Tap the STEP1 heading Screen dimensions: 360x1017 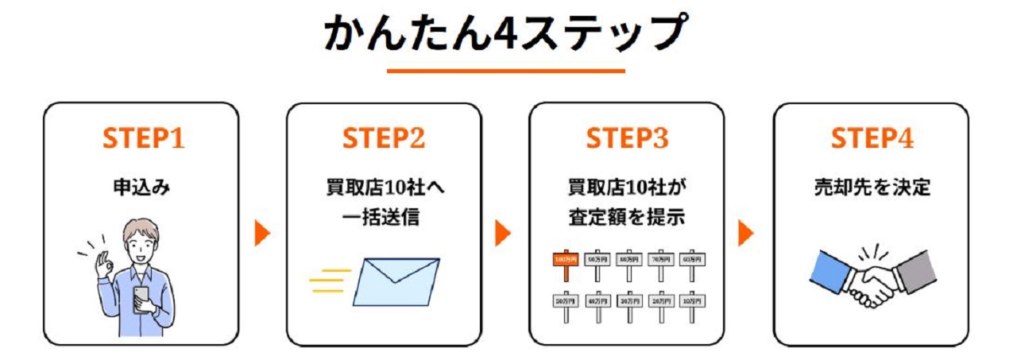[143, 139]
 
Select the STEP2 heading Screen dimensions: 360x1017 [384, 139]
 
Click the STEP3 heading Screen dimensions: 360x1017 [627, 139]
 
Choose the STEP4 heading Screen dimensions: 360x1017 [872, 139]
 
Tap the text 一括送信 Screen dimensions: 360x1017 [384, 216]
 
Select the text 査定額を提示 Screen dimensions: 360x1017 [627, 216]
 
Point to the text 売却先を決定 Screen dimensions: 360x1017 [872, 188]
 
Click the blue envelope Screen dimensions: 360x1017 [396, 281]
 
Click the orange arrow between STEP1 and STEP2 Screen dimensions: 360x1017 [262, 233]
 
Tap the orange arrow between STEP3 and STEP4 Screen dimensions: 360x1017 [745, 233]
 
